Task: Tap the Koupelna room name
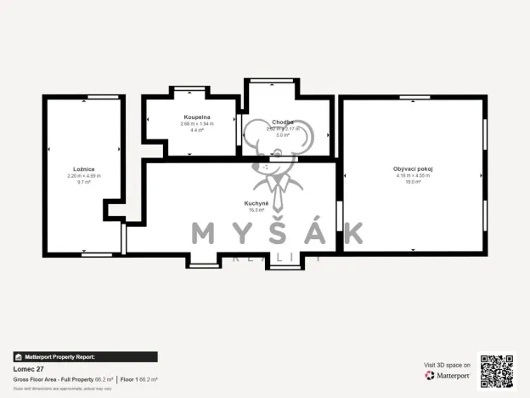[x=197, y=117]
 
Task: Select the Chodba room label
[x=283, y=122]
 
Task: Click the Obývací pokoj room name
[x=413, y=169]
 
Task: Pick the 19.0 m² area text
[x=413, y=182]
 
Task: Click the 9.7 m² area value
[x=84, y=182]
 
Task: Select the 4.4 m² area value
[x=197, y=130]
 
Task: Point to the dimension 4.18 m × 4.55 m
[x=413, y=176]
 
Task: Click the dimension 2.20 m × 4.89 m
[x=84, y=176]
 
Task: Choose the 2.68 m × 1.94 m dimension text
[x=197, y=123]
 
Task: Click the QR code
[x=496, y=371]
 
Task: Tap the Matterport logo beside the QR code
[x=448, y=375]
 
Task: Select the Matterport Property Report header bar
[x=84, y=357]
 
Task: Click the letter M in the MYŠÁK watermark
[x=206, y=232]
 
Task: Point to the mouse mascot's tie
[x=276, y=185]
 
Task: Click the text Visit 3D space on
[x=447, y=365]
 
